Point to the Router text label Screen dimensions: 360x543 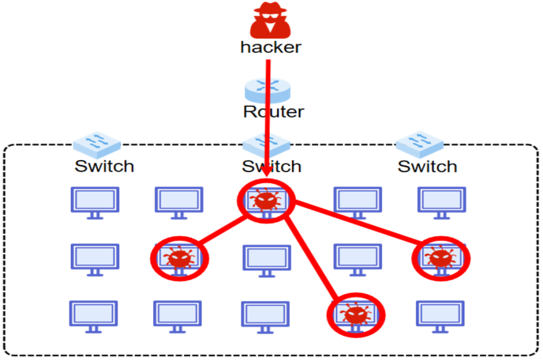(273, 111)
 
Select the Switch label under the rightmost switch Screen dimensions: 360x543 (427, 166)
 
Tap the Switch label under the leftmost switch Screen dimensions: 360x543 (104, 166)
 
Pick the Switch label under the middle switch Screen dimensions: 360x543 (271, 166)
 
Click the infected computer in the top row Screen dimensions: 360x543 (266, 201)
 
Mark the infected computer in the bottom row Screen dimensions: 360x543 (355, 314)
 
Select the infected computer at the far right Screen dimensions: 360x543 (441, 258)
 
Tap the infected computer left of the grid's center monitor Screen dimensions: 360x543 (179, 258)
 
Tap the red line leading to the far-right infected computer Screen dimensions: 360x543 (357, 226)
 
